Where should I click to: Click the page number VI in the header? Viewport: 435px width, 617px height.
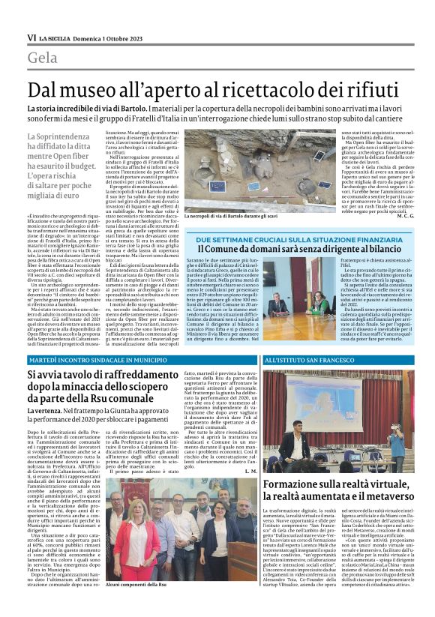31,37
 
